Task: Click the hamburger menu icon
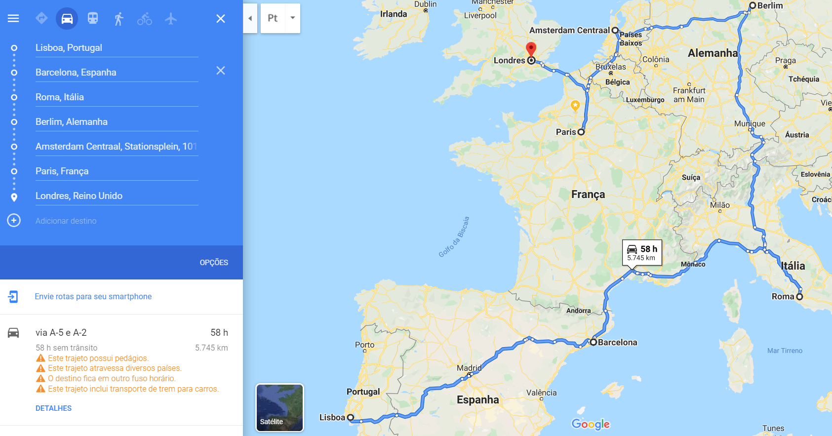pos(13,18)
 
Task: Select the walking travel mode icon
pos(119,19)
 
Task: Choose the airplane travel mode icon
pos(171,19)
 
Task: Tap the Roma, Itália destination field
pos(117,97)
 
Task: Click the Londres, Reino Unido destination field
pos(117,196)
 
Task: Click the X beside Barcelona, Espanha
pos(221,71)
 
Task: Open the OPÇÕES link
pos(214,262)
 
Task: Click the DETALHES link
pos(53,408)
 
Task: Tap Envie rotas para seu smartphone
pos(93,296)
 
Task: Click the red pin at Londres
pos(531,49)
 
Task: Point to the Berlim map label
pos(770,5)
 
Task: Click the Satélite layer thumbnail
pos(279,407)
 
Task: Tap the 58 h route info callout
pos(642,252)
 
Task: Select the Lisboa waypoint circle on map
pos(351,417)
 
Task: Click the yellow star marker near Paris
pos(575,105)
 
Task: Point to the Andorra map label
pos(578,311)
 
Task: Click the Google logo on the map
pos(591,424)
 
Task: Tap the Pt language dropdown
pos(280,18)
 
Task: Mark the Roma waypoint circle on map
pos(799,297)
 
